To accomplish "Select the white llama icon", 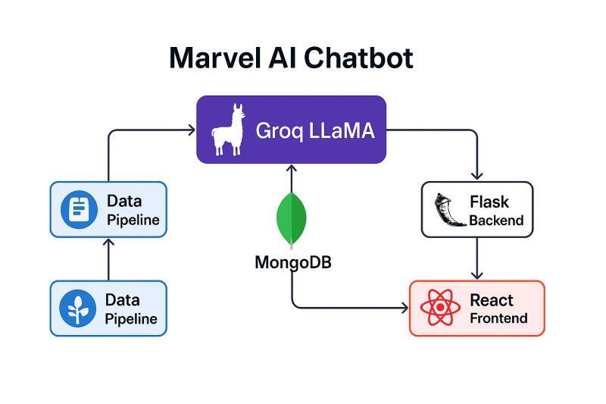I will [x=227, y=130].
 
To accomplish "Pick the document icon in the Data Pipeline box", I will [x=78, y=209].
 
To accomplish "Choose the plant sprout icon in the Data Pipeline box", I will [x=78, y=308].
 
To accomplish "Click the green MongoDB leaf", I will [x=292, y=220].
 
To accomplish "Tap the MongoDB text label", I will [x=292, y=263].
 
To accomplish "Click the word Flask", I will [x=489, y=202].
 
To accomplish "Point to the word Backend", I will [x=496, y=221].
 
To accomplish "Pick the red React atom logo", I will [x=440, y=308].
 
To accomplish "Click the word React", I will [x=491, y=300].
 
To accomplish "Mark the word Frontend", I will [x=498, y=318].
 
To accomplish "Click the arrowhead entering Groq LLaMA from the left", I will [x=192, y=130].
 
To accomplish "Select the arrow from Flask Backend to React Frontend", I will [x=477, y=258].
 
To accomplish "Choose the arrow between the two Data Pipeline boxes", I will [x=108, y=259].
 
